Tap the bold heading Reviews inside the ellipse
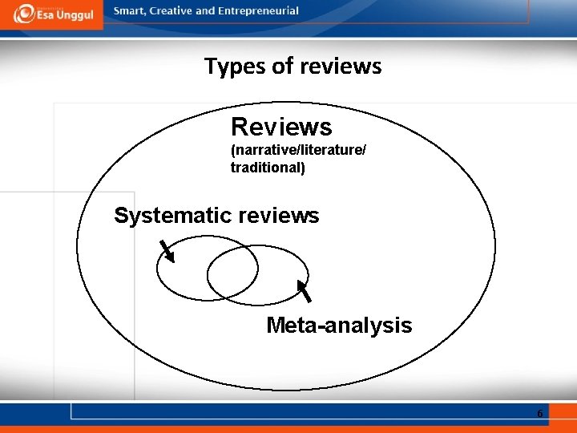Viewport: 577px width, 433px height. pyautogui.click(x=281, y=127)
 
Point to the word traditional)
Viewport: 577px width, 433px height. pyautogui.click(x=268, y=168)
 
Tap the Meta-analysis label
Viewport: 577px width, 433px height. pyautogui.click(x=339, y=326)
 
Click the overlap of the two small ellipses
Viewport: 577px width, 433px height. pyautogui.click(x=233, y=269)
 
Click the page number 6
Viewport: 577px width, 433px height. pyautogui.click(x=539, y=414)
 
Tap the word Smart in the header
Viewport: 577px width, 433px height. pyautogui.click(x=130, y=11)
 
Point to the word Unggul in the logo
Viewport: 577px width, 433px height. pyautogui.click(x=74, y=16)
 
